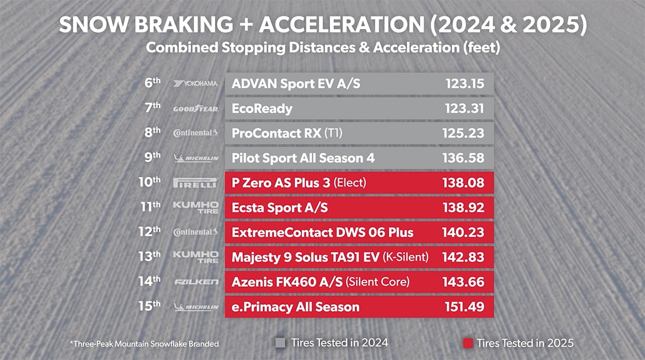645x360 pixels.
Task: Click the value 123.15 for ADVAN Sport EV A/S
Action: point(464,84)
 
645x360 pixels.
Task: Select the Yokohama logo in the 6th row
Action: point(196,84)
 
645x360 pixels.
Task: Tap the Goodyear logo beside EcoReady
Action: point(196,109)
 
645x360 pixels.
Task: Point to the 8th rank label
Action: point(153,133)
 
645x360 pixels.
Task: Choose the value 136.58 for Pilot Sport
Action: point(464,158)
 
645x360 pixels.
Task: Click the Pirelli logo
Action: point(196,183)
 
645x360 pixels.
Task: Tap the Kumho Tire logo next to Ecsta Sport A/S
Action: point(196,207)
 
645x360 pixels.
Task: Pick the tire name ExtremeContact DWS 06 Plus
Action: point(322,232)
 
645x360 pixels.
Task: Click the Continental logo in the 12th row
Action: point(196,232)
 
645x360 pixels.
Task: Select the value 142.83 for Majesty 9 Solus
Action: point(463,257)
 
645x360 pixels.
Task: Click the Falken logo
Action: point(196,282)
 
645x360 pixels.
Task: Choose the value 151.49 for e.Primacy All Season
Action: point(464,307)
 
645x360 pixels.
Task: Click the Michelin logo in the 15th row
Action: point(196,307)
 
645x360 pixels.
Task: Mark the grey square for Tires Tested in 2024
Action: point(280,342)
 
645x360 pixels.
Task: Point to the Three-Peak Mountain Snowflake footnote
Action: point(145,343)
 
